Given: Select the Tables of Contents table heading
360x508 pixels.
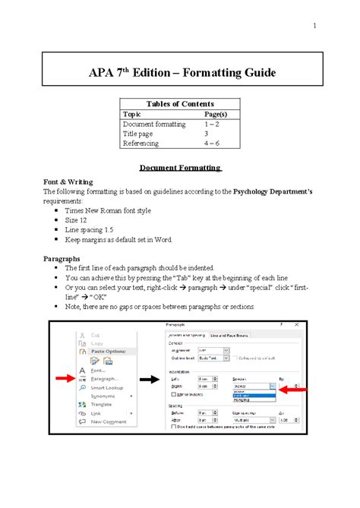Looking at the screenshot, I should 179,104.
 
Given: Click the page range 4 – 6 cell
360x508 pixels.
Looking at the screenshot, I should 213,142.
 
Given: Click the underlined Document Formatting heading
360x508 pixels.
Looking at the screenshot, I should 179,167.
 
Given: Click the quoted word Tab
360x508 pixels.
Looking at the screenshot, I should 168,278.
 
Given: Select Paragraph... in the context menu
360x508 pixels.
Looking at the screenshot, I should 104,378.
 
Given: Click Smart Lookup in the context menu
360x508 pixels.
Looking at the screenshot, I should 106,387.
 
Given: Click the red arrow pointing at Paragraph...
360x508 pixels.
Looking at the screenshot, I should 68,376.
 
